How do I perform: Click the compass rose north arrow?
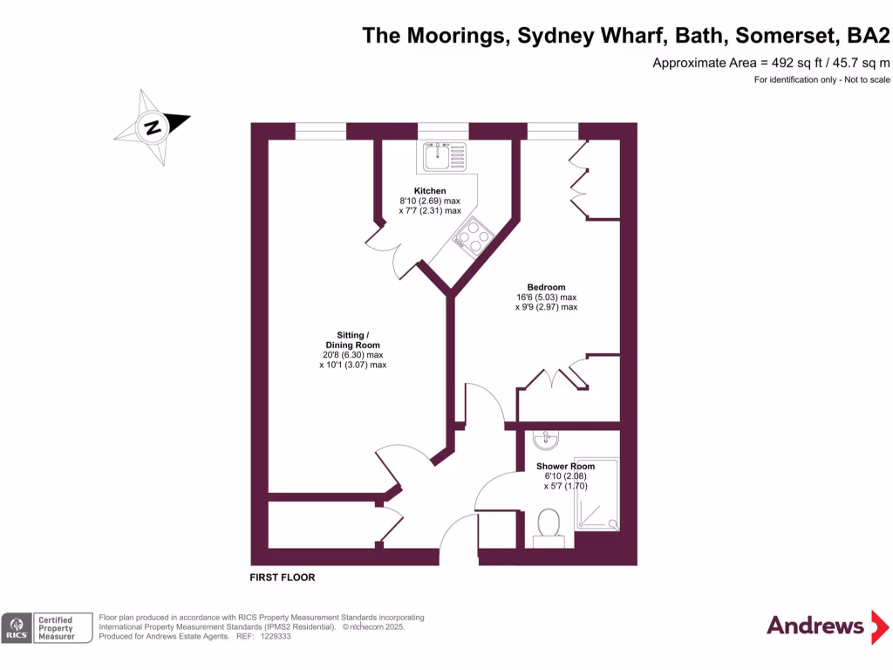pyautogui.click(x=153, y=127)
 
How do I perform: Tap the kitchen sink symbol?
pyautogui.click(x=445, y=157)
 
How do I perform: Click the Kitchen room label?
pyautogui.click(x=430, y=191)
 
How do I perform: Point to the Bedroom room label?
pyautogui.click(x=546, y=287)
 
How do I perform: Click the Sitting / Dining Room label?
pyautogui.click(x=352, y=340)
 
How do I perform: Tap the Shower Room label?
pyautogui.click(x=565, y=467)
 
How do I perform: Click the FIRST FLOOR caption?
pyautogui.click(x=283, y=578)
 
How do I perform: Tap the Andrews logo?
pyautogui.click(x=815, y=626)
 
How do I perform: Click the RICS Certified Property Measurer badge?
pyautogui.click(x=47, y=628)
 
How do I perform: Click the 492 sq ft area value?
pyautogui.click(x=794, y=63)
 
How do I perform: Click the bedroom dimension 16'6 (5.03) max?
pyautogui.click(x=546, y=297)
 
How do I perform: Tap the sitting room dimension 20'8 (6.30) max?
pyautogui.click(x=352, y=355)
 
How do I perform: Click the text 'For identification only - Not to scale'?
pyautogui.click(x=821, y=79)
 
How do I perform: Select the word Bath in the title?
pyautogui.click(x=702, y=36)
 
